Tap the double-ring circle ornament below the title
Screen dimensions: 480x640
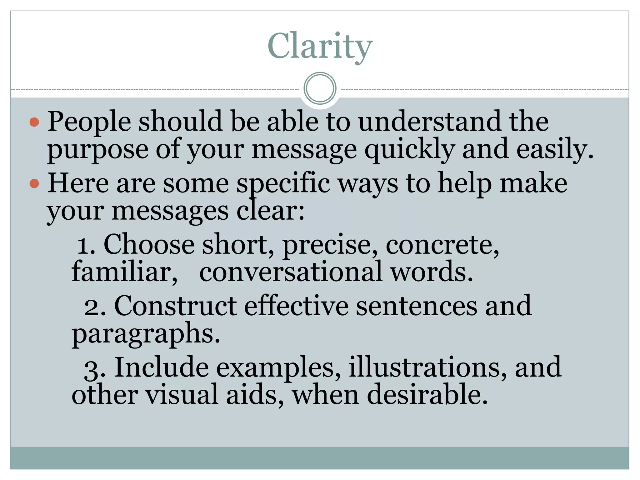coord(320,88)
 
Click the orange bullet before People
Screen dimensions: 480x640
coord(34,122)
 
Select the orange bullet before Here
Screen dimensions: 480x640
coord(34,183)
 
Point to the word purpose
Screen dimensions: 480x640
coord(97,150)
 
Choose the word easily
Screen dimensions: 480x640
coord(555,150)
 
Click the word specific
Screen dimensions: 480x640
coord(283,184)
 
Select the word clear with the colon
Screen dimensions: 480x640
coord(270,211)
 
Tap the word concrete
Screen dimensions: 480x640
coord(442,246)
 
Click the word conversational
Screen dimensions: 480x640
coord(291,272)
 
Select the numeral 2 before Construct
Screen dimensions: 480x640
coord(92,307)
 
